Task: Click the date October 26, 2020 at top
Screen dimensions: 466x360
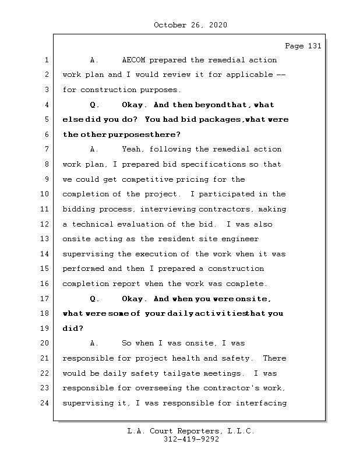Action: click(x=190, y=25)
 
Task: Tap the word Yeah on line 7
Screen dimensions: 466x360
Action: click(x=133, y=150)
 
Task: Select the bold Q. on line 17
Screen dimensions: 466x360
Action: click(x=95, y=299)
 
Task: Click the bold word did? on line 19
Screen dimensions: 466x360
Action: click(x=73, y=329)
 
